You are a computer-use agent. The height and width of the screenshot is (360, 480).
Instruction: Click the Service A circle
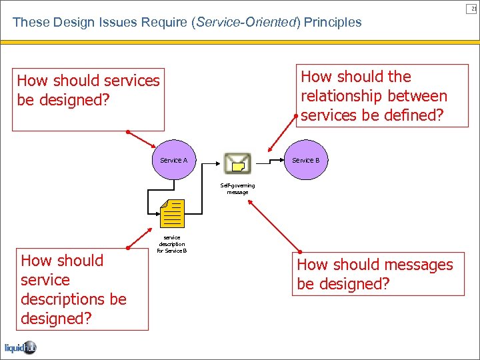173,161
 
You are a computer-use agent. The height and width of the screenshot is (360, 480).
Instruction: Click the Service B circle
306,161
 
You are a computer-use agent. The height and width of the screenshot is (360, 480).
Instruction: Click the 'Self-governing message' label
237,189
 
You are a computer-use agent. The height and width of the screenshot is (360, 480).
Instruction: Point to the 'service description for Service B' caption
171,244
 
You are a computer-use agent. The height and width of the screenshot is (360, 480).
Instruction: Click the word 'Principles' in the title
333,22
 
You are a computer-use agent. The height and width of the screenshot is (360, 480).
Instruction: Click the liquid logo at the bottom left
20,347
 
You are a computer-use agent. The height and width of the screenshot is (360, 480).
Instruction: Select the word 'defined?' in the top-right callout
413,115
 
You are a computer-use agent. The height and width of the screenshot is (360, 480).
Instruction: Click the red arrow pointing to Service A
142,139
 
